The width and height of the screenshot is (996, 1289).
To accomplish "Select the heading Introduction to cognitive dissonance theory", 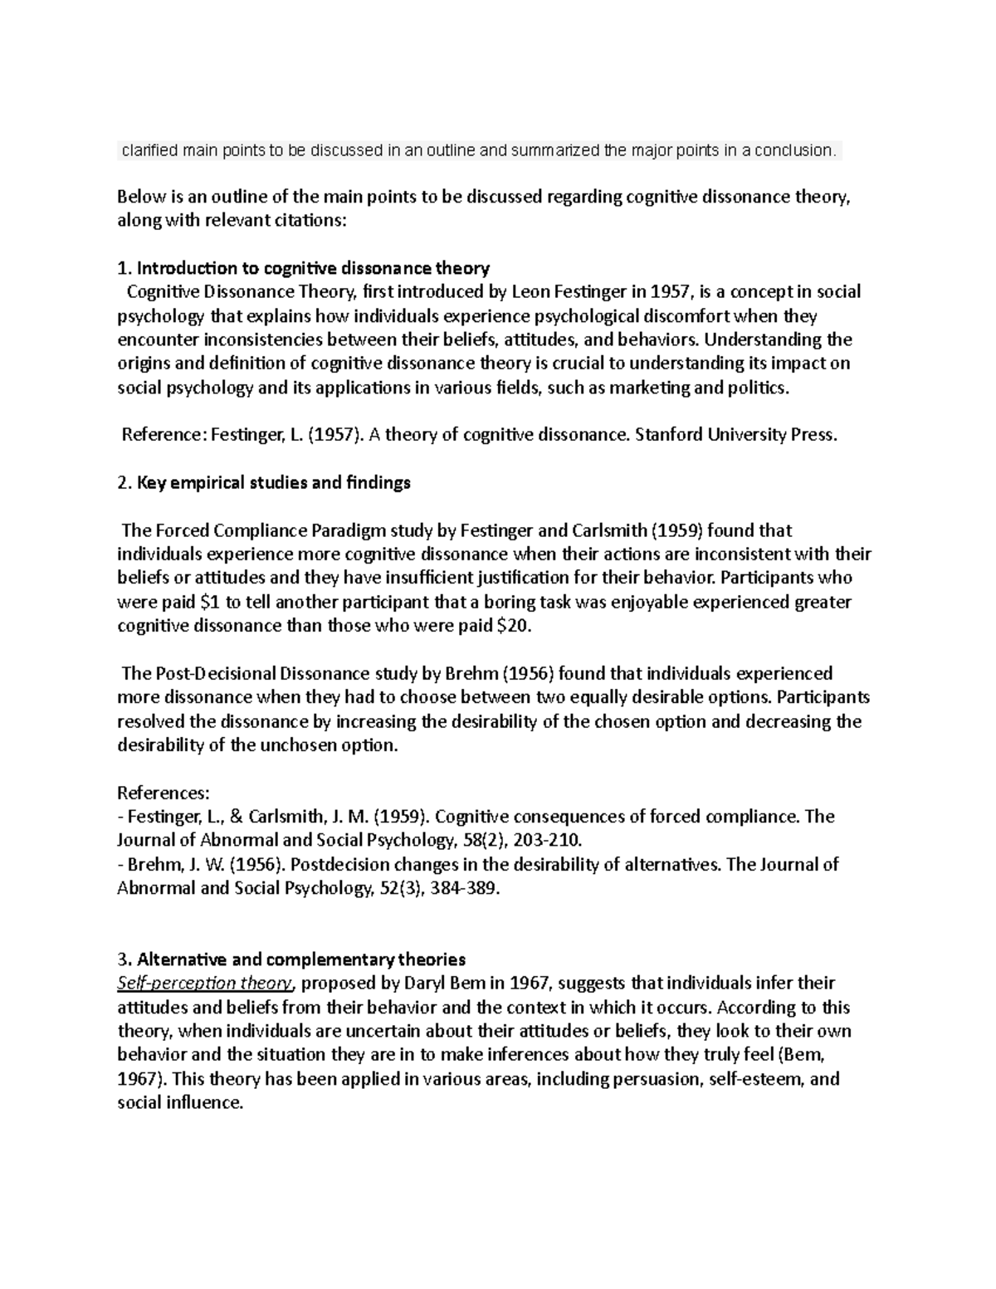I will point(313,268).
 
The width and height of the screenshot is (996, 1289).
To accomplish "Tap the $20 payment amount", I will point(511,626).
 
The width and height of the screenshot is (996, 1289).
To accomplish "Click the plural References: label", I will point(164,793).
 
